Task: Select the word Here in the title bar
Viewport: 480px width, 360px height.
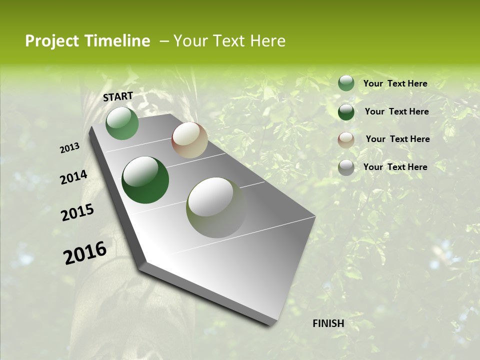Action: pyautogui.click(x=267, y=41)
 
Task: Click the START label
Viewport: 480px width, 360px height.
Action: pyautogui.click(x=118, y=96)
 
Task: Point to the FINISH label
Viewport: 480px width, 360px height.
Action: pyautogui.click(x=328, y=323)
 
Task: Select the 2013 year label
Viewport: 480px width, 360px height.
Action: pyautogui.click(x=70, y=148)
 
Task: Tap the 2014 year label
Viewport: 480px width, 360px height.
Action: pyautogui.click(x=73, y=177)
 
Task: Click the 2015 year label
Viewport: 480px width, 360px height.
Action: pyautogui.click(x=77, y=212)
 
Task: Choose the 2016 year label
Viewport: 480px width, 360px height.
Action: pyautogui.click(x=85, y=253)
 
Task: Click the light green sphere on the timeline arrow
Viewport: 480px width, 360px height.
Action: pyautogui.click(x=122, y=123)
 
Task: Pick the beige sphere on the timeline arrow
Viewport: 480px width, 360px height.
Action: pyautogui.click(x=189, y=140)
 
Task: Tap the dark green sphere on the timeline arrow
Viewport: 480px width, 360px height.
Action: pyautogui.click(x=145, y=180)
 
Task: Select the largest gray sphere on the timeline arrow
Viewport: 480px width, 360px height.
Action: pyautogui.click(x=216, y=207)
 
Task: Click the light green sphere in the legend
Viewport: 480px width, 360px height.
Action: pyautogui.click(x=346, y=83)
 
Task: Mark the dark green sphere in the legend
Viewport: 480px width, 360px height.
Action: pyautogui.click(x=346, y=111)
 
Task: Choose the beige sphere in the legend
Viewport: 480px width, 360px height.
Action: pyautogui.click(x=346, y=139)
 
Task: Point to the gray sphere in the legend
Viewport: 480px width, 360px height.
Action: pyautogui.click(x=346, y=167)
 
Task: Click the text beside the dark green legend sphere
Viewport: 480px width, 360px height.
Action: pyautogui.click(x=396, y=111)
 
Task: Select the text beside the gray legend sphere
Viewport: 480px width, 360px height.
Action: pyautogui.click(x=395, y=167)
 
